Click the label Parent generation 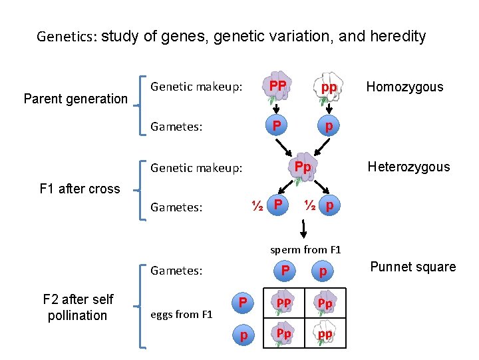75,99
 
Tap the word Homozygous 404,87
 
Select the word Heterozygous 408,167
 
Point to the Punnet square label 412,267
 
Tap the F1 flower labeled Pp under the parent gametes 303,169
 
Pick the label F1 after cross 80,189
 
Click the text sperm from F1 305,250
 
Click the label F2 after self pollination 78,307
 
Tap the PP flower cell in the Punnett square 284,304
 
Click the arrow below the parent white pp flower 326,111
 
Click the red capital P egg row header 243,304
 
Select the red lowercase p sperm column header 323,271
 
